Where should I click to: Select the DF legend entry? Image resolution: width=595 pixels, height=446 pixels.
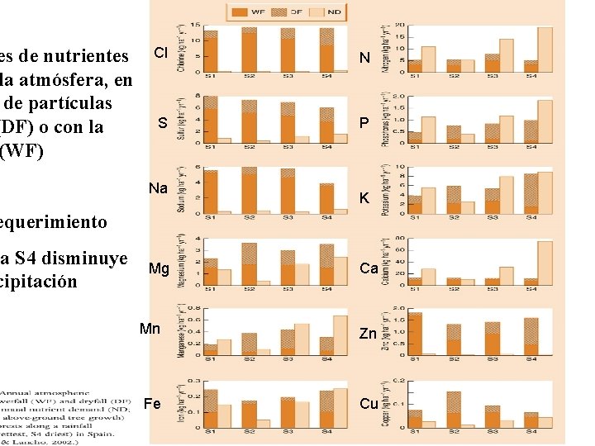click(296, 12)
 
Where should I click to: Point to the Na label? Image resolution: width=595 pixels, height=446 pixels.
click(159, 188)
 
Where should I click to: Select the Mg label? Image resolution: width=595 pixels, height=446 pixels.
click(159, 268)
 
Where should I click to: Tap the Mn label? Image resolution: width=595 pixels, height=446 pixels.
click(150, 329)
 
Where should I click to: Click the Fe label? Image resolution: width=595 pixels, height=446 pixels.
click(153, 404)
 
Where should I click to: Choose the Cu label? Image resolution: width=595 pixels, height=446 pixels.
click(369, 404)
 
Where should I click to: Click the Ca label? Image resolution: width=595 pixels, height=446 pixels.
click(369, 268)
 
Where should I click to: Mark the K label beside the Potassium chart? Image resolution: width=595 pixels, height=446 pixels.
click(363, 198)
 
